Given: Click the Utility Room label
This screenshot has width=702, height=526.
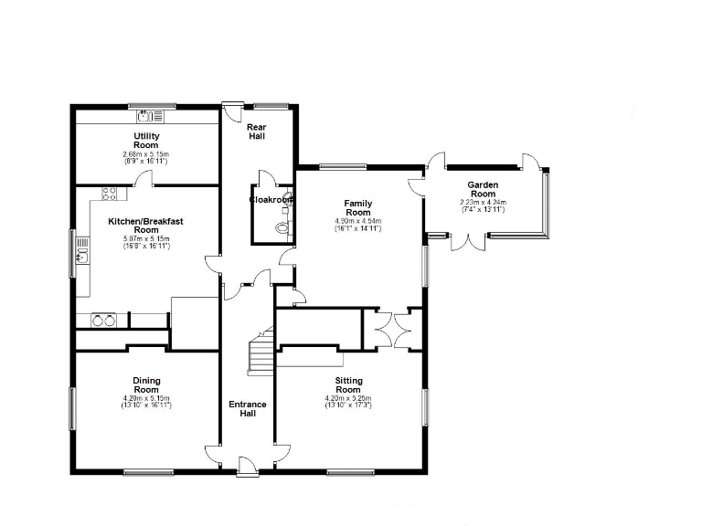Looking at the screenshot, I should point(146,141).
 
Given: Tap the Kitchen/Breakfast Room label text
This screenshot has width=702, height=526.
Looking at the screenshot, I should point(146,226).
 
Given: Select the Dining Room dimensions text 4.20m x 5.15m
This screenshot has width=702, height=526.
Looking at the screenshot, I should point(146,398).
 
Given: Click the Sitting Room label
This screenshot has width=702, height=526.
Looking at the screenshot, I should point(348,385).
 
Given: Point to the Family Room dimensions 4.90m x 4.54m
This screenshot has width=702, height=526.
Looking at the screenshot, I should point(357,220).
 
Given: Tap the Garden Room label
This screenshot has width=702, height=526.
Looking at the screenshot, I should point(483,189).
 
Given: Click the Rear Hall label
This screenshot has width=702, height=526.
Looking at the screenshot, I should point(257,131).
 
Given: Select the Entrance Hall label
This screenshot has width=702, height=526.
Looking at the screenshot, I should point(247,408).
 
